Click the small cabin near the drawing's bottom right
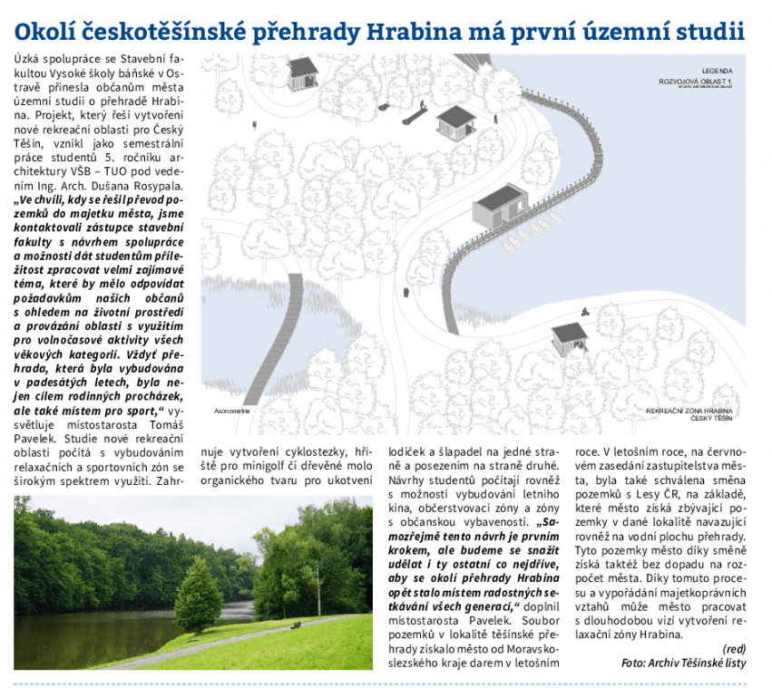568,337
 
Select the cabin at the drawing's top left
302,73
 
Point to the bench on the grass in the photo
295,624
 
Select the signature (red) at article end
734,648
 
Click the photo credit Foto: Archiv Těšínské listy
683,663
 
